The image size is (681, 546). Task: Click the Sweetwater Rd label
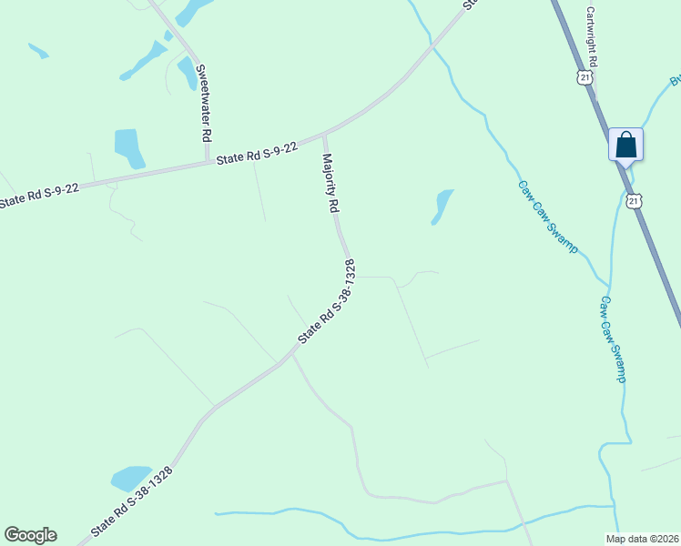(206, 101)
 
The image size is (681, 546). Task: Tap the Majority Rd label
(330, 182)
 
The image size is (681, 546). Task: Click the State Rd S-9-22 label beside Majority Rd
(257, 153)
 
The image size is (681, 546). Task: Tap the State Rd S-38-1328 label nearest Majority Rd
(326, 302)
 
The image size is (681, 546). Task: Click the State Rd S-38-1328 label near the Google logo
(131, 501)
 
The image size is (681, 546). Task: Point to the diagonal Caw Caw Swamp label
(548, 217)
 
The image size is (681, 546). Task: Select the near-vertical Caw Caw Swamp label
(613, 338)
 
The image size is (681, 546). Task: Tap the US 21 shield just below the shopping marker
(634, 198)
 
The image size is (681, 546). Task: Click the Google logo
(30, 535)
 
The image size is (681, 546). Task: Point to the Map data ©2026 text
(642, 539)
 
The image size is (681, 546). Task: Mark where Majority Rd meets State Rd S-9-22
(324, 136)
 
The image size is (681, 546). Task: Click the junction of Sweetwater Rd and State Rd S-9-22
(208, 164)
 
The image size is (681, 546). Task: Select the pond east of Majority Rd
(442, 205)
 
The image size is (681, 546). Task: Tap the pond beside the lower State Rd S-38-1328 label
(130, 478)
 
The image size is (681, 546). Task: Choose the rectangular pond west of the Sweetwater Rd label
(128, 147)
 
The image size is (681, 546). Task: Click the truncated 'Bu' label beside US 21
(675, 81)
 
